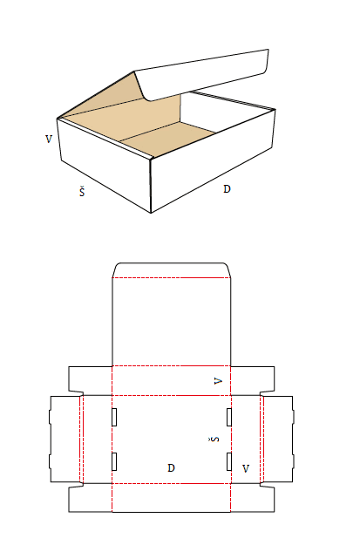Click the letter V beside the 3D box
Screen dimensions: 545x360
[x=49, y=138]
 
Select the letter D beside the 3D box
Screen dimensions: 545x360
[x=228, y=188]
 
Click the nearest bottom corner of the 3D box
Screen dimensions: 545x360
[x=153, y=212]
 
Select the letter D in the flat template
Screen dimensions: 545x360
[x=172, y=468]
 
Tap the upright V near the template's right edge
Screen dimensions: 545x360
[x=246, y=468]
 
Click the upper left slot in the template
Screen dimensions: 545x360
[x=115, y=417]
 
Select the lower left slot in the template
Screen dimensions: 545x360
[x=115, y=461]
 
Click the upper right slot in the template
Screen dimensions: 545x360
[x=229, y=417]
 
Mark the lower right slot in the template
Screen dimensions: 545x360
[x=229, y=461]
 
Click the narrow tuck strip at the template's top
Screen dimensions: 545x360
[x=172, y=269]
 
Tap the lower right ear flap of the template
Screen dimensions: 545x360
[x=253, y=498]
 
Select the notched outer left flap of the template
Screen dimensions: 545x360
[x=65, y=439]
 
